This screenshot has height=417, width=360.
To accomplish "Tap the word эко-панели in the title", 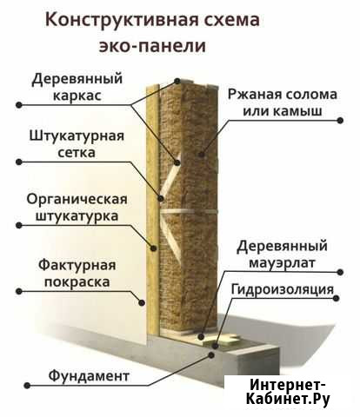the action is pos(152,45).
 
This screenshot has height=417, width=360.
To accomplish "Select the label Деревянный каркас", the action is pos(77,87).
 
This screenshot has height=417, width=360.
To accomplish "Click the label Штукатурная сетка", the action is pos(77,144).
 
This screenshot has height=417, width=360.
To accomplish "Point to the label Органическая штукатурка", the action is pos(77,208).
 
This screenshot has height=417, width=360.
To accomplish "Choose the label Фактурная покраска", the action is pos(77,274).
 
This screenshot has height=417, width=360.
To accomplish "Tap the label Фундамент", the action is pos(89,376).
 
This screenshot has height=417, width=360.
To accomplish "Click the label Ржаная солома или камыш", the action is pos(283,103).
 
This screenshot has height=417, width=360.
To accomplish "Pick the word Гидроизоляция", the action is pos(283,289).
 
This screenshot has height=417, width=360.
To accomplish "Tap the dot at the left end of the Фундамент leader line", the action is pos(27,386).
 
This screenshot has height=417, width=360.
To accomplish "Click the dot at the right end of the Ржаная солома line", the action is pos(340,120).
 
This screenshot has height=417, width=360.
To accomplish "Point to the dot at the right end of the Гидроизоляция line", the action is pos(337,298).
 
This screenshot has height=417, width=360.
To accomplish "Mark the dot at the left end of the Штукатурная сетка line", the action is pos(19,162).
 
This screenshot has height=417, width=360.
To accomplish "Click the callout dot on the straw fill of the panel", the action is pos(202,154).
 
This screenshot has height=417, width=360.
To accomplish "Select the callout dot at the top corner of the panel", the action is pos(177,81).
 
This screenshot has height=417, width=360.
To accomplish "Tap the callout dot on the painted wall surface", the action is pos(142,302).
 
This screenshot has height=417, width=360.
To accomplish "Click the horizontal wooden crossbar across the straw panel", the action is pos(189,211).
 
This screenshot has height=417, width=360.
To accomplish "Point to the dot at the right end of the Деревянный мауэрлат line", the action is pos(340,272).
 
